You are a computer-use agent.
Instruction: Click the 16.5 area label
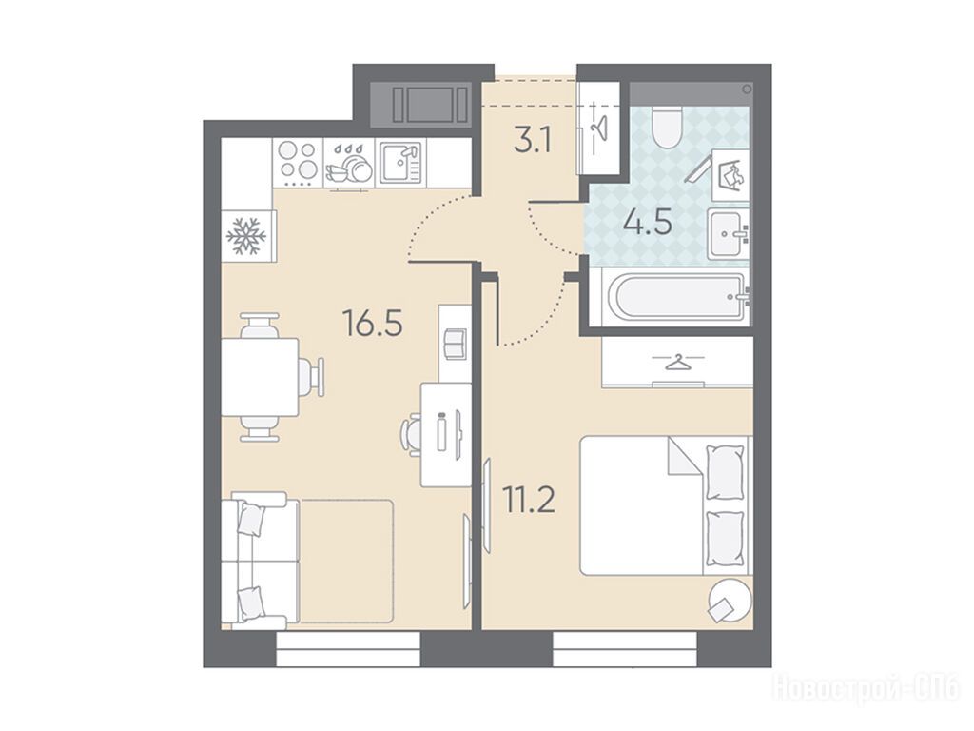coord(373,324)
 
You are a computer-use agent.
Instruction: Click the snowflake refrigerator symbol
coord(246,236)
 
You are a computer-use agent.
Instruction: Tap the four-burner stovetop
coord(298,161)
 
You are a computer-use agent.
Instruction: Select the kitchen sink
coord(400,162)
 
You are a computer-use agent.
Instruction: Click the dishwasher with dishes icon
coord(348,164)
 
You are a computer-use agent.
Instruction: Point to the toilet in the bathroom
coord(667,127)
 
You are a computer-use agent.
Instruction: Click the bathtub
coord(679,297)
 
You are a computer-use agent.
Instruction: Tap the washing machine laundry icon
coord(730,175)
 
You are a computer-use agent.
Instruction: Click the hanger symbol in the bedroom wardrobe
coord(677,362)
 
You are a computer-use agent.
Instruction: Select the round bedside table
coord(728,600)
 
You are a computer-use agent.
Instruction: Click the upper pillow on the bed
coord(725,471)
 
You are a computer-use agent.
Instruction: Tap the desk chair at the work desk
coord(412,434)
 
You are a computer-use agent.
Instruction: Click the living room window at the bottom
coord(348,649)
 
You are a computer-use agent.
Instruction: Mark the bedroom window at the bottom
coord(624,649)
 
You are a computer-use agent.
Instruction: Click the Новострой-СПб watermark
coord(866,688)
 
